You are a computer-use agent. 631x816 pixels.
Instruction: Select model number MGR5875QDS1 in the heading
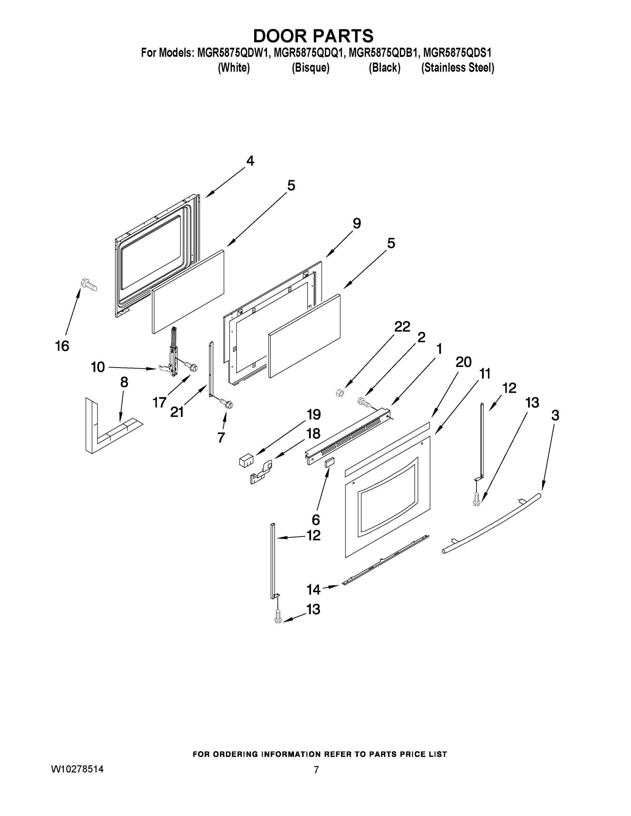[x=457, y=53]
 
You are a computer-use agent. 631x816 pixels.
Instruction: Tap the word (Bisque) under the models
[x=310, y=68]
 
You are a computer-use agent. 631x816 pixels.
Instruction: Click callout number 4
[x=250, y=161]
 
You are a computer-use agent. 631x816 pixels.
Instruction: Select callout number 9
[x=356, y=224]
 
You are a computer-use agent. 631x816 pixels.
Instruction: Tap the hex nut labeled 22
[x=340, y=393]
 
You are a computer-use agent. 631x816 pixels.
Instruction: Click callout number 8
[x=124, y=382]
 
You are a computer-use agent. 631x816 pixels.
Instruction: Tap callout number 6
[x=316, y=520]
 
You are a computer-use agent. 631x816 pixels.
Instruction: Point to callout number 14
[x=313, y=590]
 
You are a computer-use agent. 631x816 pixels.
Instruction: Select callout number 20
[x=464, y=362]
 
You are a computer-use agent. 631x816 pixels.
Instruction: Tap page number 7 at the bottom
[x=316, y=770]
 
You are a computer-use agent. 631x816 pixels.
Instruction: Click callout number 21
[x=177, y=412]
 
